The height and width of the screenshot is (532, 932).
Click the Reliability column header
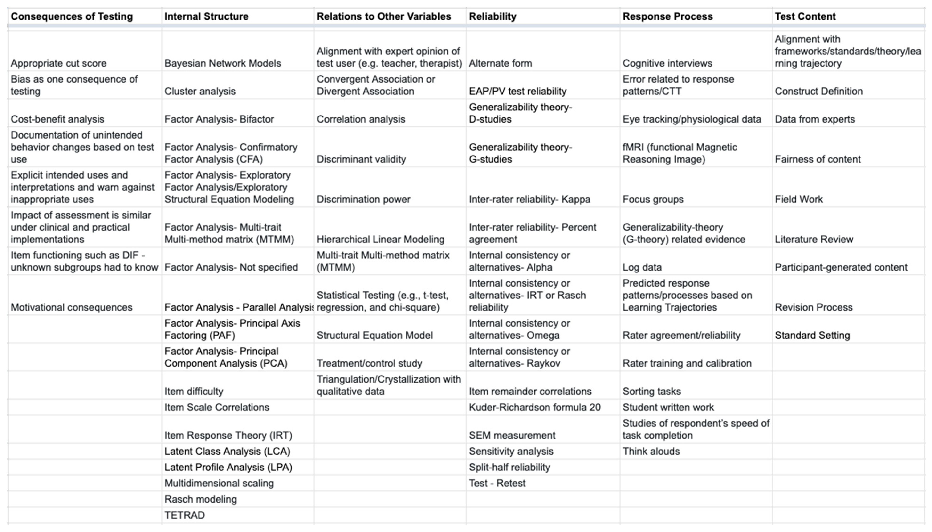coord(492,16)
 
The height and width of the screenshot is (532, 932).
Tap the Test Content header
coord(805,16)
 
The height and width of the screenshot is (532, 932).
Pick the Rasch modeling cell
coord(200,499)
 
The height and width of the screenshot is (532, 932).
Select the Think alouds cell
coord(651,451)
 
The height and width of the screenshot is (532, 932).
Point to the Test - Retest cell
coord(497,483)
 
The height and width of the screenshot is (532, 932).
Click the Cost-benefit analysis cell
coord(57,119)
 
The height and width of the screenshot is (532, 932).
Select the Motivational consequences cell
coord(71,307)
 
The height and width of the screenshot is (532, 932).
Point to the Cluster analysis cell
coord(200,91)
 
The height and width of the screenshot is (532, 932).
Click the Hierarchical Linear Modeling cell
coord(380,239)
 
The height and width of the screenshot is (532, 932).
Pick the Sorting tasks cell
coord(651,391)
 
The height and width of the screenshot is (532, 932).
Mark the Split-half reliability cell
coord(509,467)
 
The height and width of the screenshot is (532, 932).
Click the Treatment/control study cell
coord(369,363)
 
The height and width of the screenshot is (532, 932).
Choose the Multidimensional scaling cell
coord(219,483)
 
